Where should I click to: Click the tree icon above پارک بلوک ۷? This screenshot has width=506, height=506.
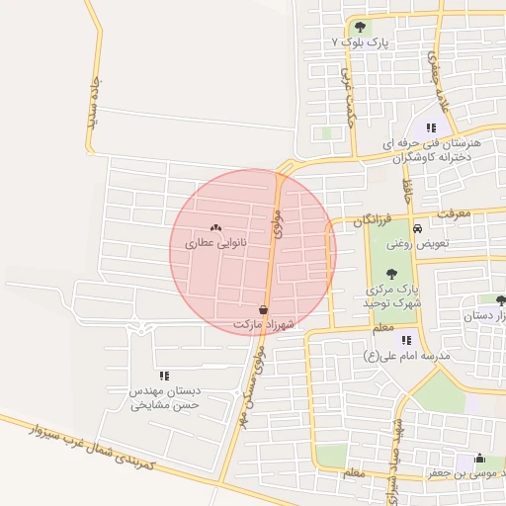[x=360, y=27]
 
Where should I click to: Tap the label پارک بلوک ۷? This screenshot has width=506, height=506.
[x=362, y=44]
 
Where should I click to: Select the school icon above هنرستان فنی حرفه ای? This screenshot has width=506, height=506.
[x=430, y=127]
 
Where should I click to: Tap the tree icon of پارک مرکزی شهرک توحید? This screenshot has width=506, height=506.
[x=393, y=274]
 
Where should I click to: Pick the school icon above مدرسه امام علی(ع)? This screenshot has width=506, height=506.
[x=406, y=340]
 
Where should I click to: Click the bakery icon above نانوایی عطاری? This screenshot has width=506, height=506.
[x=216, y=227]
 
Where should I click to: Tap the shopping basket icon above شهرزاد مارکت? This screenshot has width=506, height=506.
[x=262, y=309]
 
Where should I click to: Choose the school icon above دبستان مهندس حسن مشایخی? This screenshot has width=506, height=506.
[x=164, y=376]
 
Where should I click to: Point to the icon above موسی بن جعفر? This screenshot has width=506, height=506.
[x=480, y=459]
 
